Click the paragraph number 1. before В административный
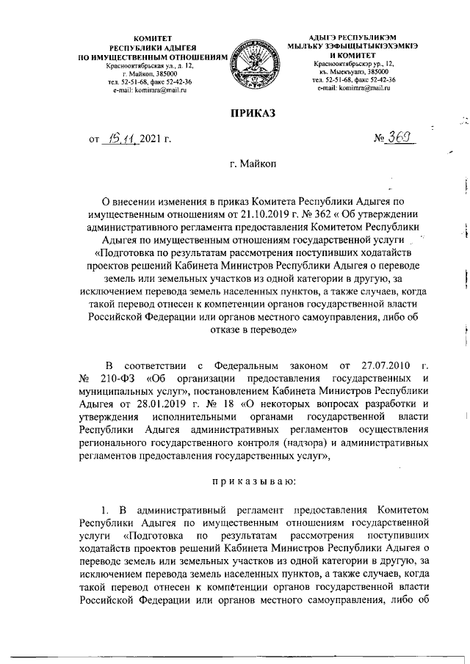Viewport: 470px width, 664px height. pyautogui.click(x=105, y=508)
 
